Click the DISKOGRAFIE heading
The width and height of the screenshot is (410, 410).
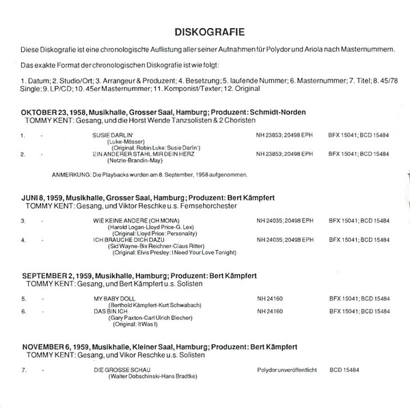point(205,31)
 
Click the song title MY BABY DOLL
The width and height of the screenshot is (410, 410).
point(112,299)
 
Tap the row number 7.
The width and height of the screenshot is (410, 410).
point(23,370)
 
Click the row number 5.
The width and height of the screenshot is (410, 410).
point(23,299)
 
